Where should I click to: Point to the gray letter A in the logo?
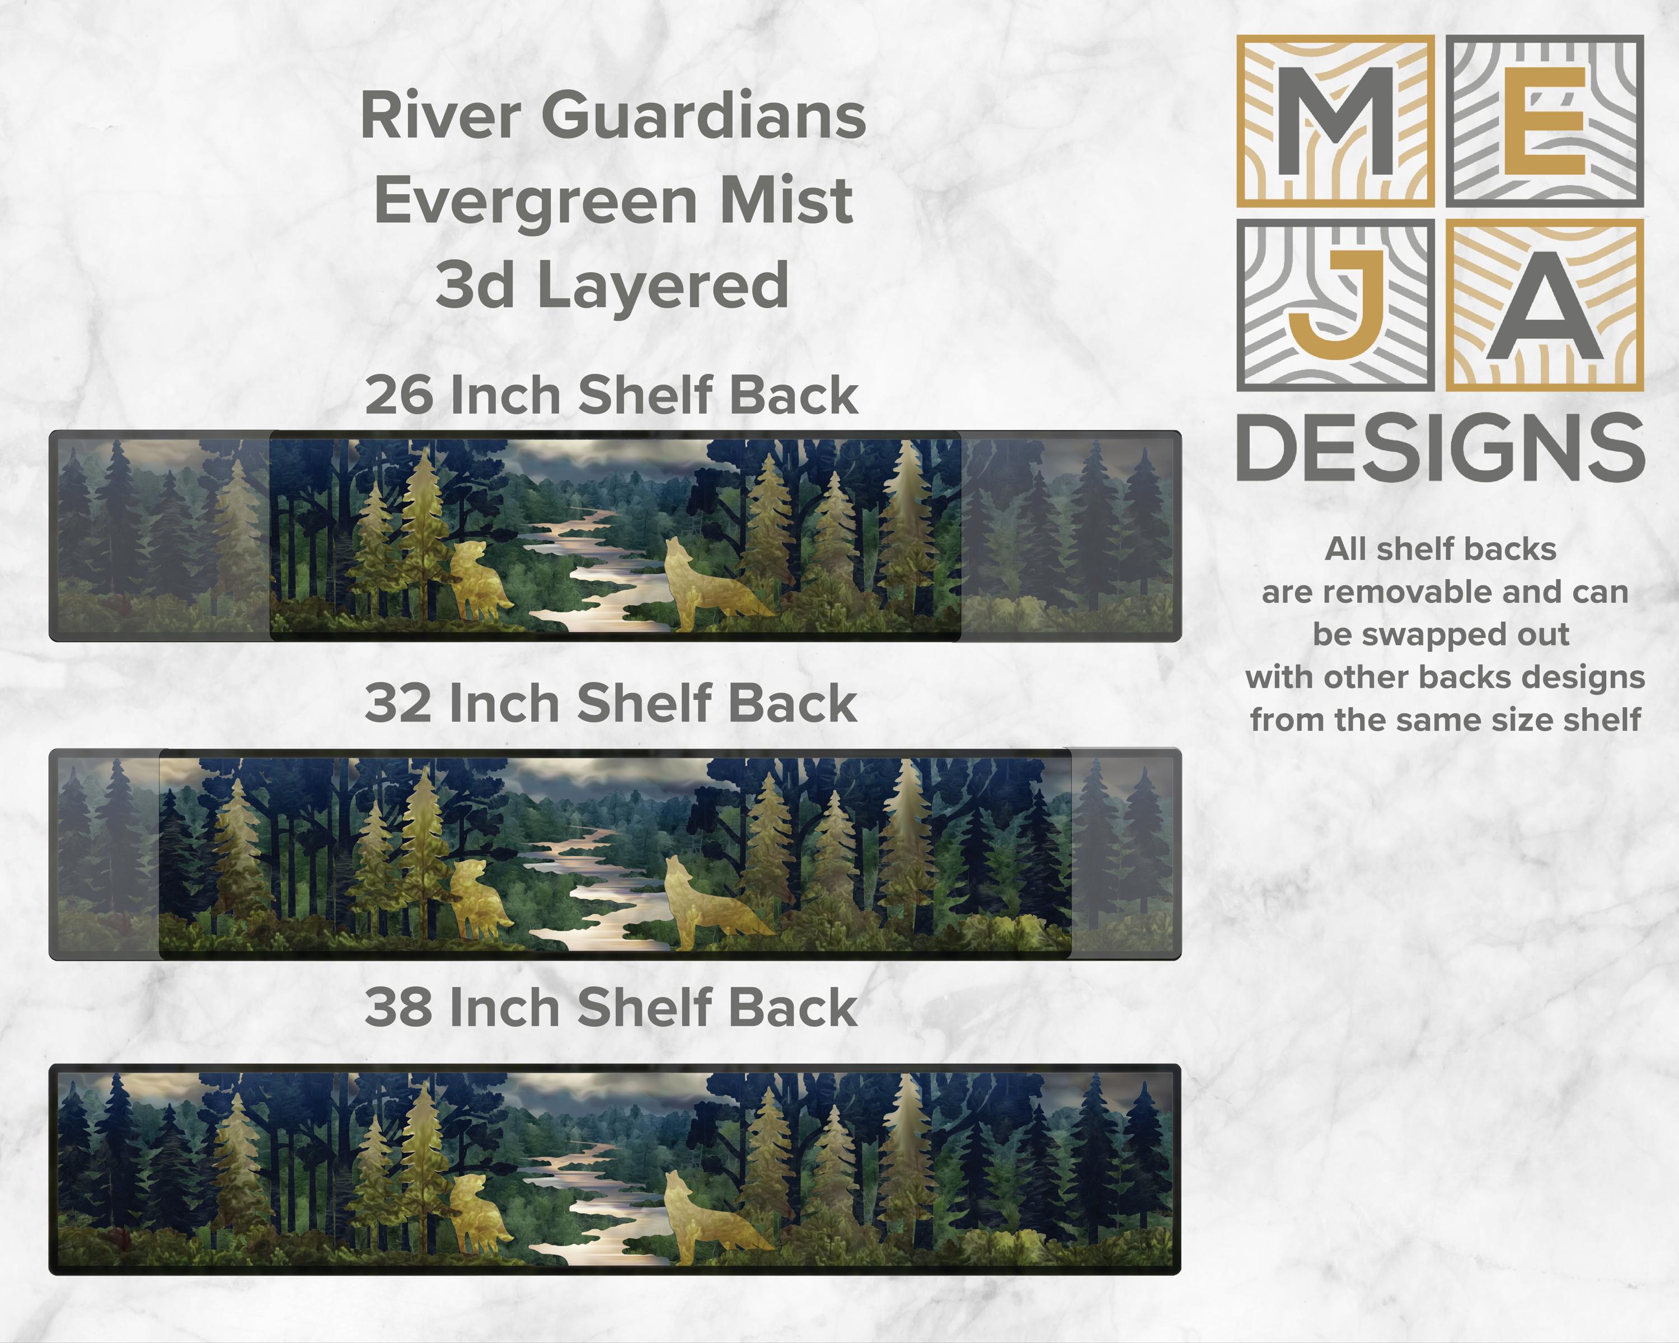click(x=1544, y=305)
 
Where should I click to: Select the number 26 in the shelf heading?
click(x=398, y=395)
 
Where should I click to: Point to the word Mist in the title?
click(x=786, y=201)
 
